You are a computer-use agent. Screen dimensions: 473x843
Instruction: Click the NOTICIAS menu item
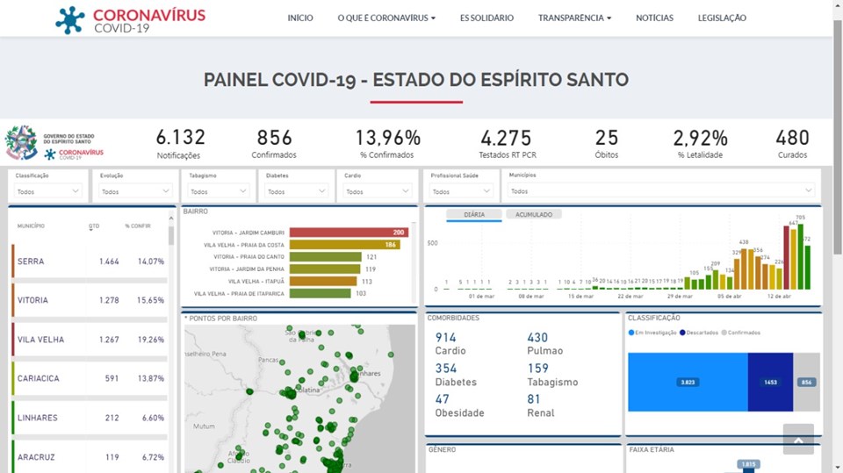point(654,18)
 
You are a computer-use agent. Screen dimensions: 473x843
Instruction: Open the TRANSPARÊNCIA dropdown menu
point(574,18)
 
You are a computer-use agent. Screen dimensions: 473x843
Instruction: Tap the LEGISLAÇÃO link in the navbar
point(722,18)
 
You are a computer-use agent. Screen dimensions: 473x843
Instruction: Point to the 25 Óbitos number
point(606,139)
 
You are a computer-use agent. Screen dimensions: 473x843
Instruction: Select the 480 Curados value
point(792,139)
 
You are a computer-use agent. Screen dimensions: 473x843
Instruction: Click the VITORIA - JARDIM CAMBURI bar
point(348,233)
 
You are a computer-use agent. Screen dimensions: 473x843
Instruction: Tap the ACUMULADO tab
point(534,214)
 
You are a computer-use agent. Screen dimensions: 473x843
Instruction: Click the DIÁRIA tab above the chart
point(474,214)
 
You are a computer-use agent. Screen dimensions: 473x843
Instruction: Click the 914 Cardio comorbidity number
point(446,338)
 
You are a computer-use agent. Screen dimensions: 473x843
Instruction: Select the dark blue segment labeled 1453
point(770,383)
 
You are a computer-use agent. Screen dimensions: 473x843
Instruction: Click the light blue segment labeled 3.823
point(688,383)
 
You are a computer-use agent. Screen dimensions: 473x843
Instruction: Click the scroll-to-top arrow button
point(798,439)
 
